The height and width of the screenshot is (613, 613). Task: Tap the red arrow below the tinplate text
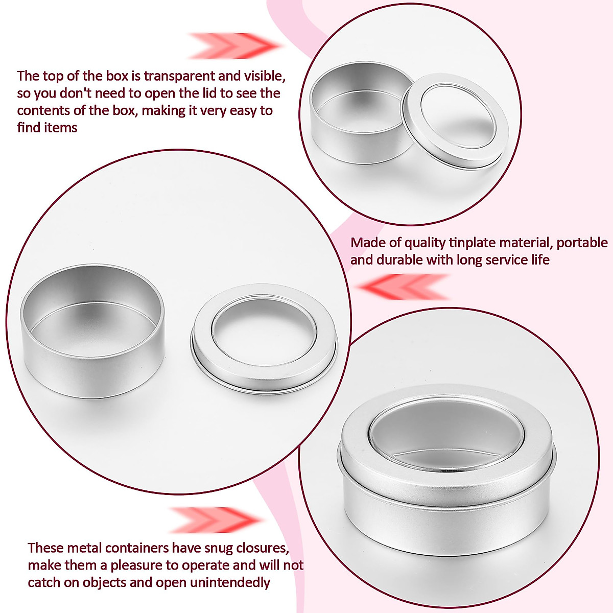[x=404, y=287]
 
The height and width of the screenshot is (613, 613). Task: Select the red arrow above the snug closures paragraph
[x=215, y=520]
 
